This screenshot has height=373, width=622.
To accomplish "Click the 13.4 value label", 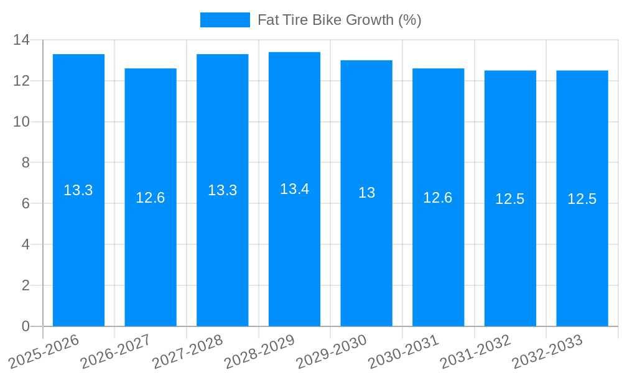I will tap(294, 189).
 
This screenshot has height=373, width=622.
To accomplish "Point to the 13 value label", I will tap(366, 193).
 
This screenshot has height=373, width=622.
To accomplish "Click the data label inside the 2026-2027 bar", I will tap(151, 198).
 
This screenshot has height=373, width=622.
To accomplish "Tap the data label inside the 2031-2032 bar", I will tap(510, 199).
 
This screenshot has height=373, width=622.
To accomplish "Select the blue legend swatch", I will tap(225, 20).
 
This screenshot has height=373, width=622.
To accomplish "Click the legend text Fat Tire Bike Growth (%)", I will tap(339, 20).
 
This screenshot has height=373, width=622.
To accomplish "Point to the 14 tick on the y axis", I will tap(21, 40).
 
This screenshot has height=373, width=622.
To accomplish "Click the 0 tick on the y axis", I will tap(26, 326).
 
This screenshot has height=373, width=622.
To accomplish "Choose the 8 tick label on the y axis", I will tap(26, 162).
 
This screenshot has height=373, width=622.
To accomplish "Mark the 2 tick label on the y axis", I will tap(26, 285).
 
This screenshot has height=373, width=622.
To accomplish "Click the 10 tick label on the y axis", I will tap(21, 121).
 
